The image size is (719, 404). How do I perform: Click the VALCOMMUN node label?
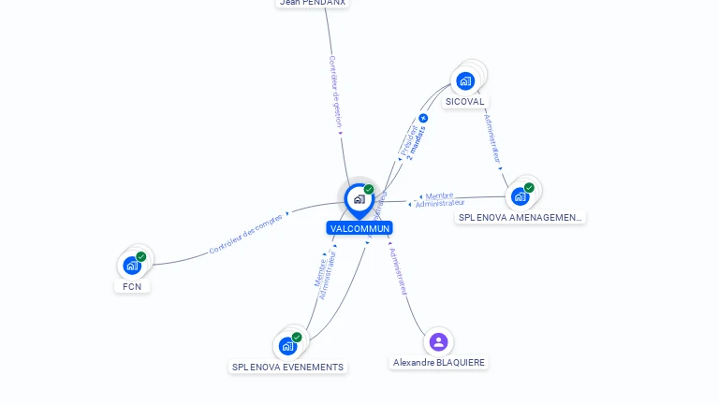tap(359, 228)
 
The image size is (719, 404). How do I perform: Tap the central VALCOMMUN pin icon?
tap(359, 199)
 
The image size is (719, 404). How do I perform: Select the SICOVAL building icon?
tap(465, 81)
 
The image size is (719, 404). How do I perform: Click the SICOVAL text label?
tap(465, 101)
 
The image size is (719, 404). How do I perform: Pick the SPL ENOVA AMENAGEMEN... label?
tap(521, 217)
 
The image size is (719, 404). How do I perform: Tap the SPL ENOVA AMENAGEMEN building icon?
tap(520, 196)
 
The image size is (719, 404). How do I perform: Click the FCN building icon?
tap(132, 265)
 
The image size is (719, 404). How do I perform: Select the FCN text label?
tap(132, 286)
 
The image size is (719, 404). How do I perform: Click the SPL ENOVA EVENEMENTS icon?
tap(287, 345)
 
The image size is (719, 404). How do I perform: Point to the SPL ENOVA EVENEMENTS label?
tap(287, 367)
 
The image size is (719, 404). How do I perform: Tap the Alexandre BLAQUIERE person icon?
tap(438, 341)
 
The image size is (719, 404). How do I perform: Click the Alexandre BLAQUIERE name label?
tap(439, 362)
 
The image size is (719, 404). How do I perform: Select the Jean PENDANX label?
tap(313, 3)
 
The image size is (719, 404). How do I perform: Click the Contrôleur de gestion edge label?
tap(335, 91)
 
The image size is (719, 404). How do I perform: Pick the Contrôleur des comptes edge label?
tap(245, 234)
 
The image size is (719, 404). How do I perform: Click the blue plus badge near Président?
tap(423, 119)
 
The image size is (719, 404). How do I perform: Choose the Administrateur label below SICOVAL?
tap(492, 137)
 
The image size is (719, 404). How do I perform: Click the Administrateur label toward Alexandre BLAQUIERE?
tap(399, 271)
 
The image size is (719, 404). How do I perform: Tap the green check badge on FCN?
tap(141, 256)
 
